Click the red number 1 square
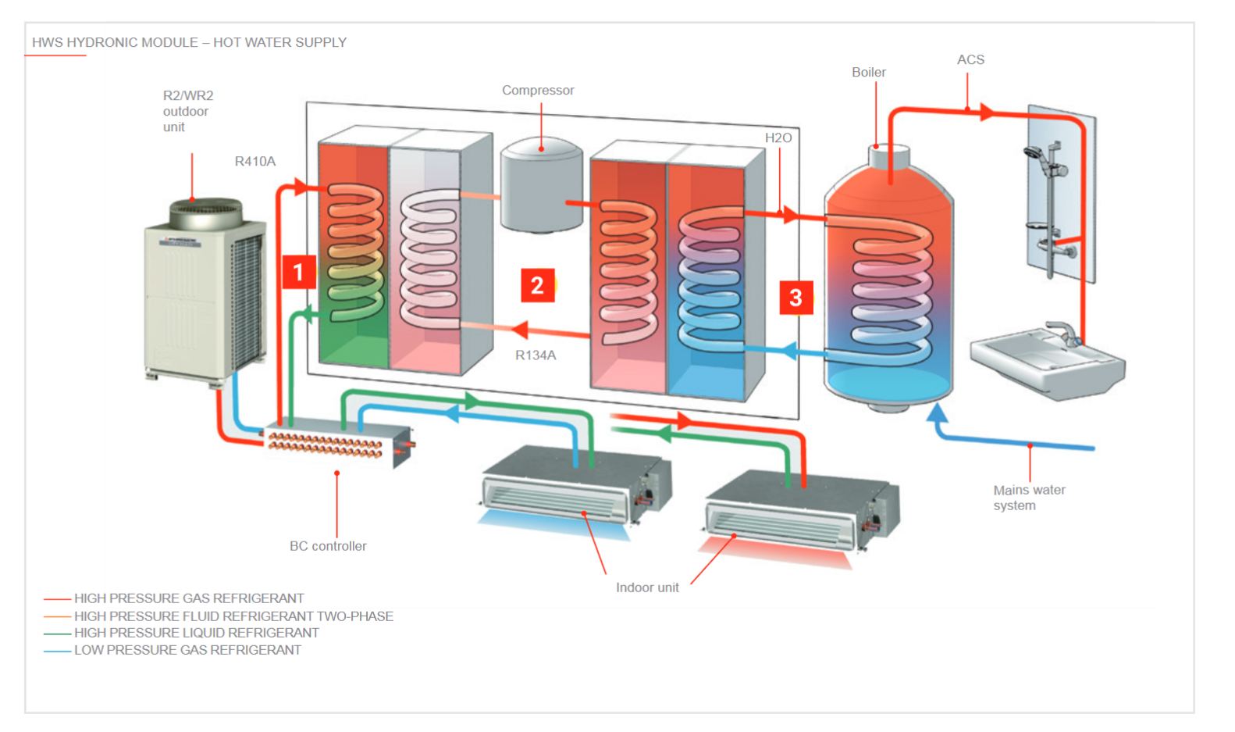(x=298, y=272)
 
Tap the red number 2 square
(x=537, y=285)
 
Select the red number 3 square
(x=795, y=298)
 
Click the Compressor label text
(x=538, y=91)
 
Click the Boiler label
(x=868, y=73)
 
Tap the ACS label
(x=970, y=60)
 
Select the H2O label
(x=778, y=138)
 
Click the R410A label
(x=255, y=162)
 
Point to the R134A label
(x=536, y=355)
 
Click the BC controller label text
(x=328, y=546)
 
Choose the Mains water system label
(x=1028, y=498)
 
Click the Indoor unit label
(x=647, y=587)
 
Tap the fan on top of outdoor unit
(x=205, y=211)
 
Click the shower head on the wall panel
(x=1033, y=152)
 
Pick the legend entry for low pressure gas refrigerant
(x=187, y=650)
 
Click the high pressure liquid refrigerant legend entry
(x=196, y=633)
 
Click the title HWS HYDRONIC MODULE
(x=189, y=43)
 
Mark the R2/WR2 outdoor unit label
(x=187, y=111)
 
